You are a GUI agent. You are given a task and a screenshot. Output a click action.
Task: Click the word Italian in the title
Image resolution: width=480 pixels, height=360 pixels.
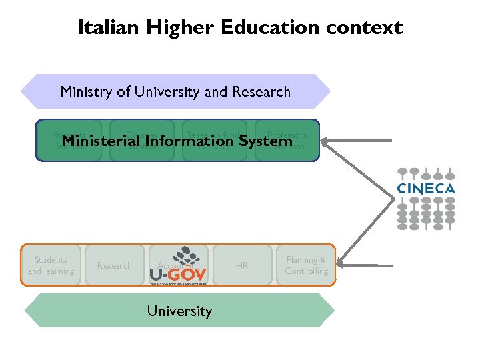[104, 27]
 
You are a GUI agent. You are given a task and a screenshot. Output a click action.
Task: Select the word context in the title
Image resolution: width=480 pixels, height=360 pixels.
[367, 27]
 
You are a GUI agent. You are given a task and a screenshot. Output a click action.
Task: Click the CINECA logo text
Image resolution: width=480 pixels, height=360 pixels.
[425, 189]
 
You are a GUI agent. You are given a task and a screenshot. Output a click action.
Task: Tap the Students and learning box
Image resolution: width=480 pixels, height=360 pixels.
[51, 265]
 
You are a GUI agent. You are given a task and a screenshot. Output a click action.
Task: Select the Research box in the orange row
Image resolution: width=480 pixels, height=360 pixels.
[115, 265]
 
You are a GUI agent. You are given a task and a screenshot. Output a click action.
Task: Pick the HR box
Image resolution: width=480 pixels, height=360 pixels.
[241, 265]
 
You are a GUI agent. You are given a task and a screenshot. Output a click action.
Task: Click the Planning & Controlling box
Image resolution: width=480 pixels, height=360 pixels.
[306, 265]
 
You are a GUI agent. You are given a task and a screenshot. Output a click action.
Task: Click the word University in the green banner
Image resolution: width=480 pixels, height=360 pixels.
[179, 311]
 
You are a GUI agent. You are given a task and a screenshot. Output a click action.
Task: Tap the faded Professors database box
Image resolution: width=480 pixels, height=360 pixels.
[287, 140]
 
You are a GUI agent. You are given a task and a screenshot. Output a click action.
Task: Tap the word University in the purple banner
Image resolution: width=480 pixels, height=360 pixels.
[168, 91]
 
